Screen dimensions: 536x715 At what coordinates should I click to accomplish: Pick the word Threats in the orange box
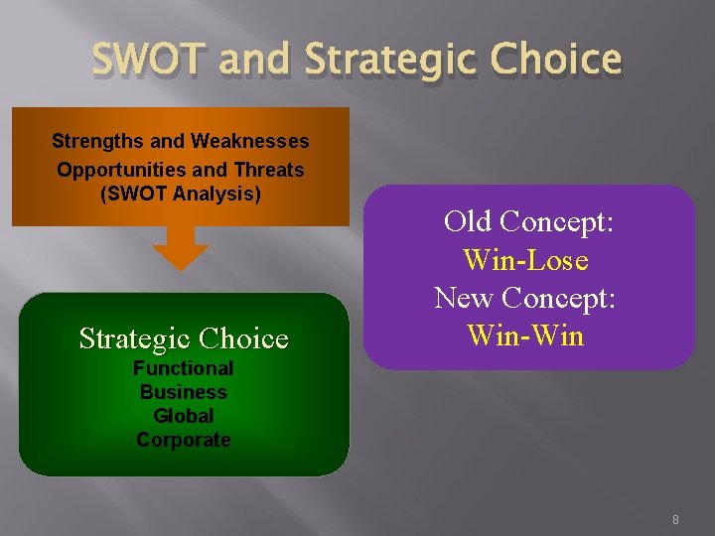(x=270, y=169)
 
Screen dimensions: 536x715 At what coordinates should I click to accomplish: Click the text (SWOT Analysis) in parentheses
(x=181, y=194)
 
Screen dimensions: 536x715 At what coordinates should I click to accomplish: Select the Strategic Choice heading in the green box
(x=184, y=338)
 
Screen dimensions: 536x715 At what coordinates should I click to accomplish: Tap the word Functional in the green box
(x=184, y=368)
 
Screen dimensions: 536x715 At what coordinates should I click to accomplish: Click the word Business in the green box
(x=184, y=392)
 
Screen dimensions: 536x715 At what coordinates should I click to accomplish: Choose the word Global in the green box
(x=184, y=416)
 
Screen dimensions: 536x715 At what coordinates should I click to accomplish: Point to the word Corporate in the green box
(x=184, y=440)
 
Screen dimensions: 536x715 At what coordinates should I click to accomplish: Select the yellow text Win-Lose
(x=525, y=260)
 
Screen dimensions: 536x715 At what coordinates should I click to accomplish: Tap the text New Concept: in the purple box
(x=525, y=298)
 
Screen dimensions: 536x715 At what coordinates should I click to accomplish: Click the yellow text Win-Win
(x=525, y=335)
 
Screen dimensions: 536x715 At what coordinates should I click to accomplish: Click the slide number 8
(x=675, y=519)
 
